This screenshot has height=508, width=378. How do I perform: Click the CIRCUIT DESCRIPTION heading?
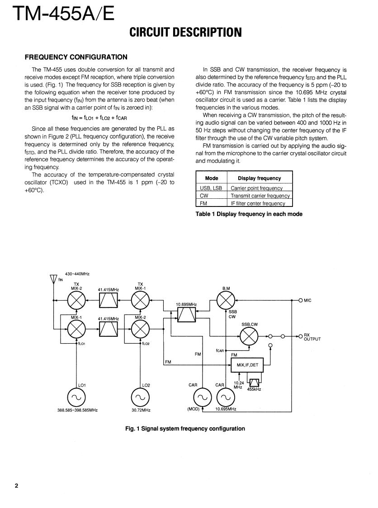point(185,33)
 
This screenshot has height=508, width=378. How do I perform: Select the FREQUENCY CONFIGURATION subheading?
point(76,57)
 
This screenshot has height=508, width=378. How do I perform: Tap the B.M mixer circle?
point(226,300)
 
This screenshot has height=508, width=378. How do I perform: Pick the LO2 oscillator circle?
point(140,398)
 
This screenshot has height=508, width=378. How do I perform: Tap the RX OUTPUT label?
point(312,336)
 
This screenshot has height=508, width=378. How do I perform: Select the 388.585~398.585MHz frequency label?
point(76,410)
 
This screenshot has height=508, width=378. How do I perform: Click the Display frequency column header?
point(259,178)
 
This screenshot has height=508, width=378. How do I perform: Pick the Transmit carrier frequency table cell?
point(260,196)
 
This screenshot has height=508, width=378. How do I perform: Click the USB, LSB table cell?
point(211,188)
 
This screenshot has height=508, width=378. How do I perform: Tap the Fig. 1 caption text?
point(185,428)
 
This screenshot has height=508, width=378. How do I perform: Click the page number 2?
point(17,486)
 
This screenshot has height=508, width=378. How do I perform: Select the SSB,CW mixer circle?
point(249,336)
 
